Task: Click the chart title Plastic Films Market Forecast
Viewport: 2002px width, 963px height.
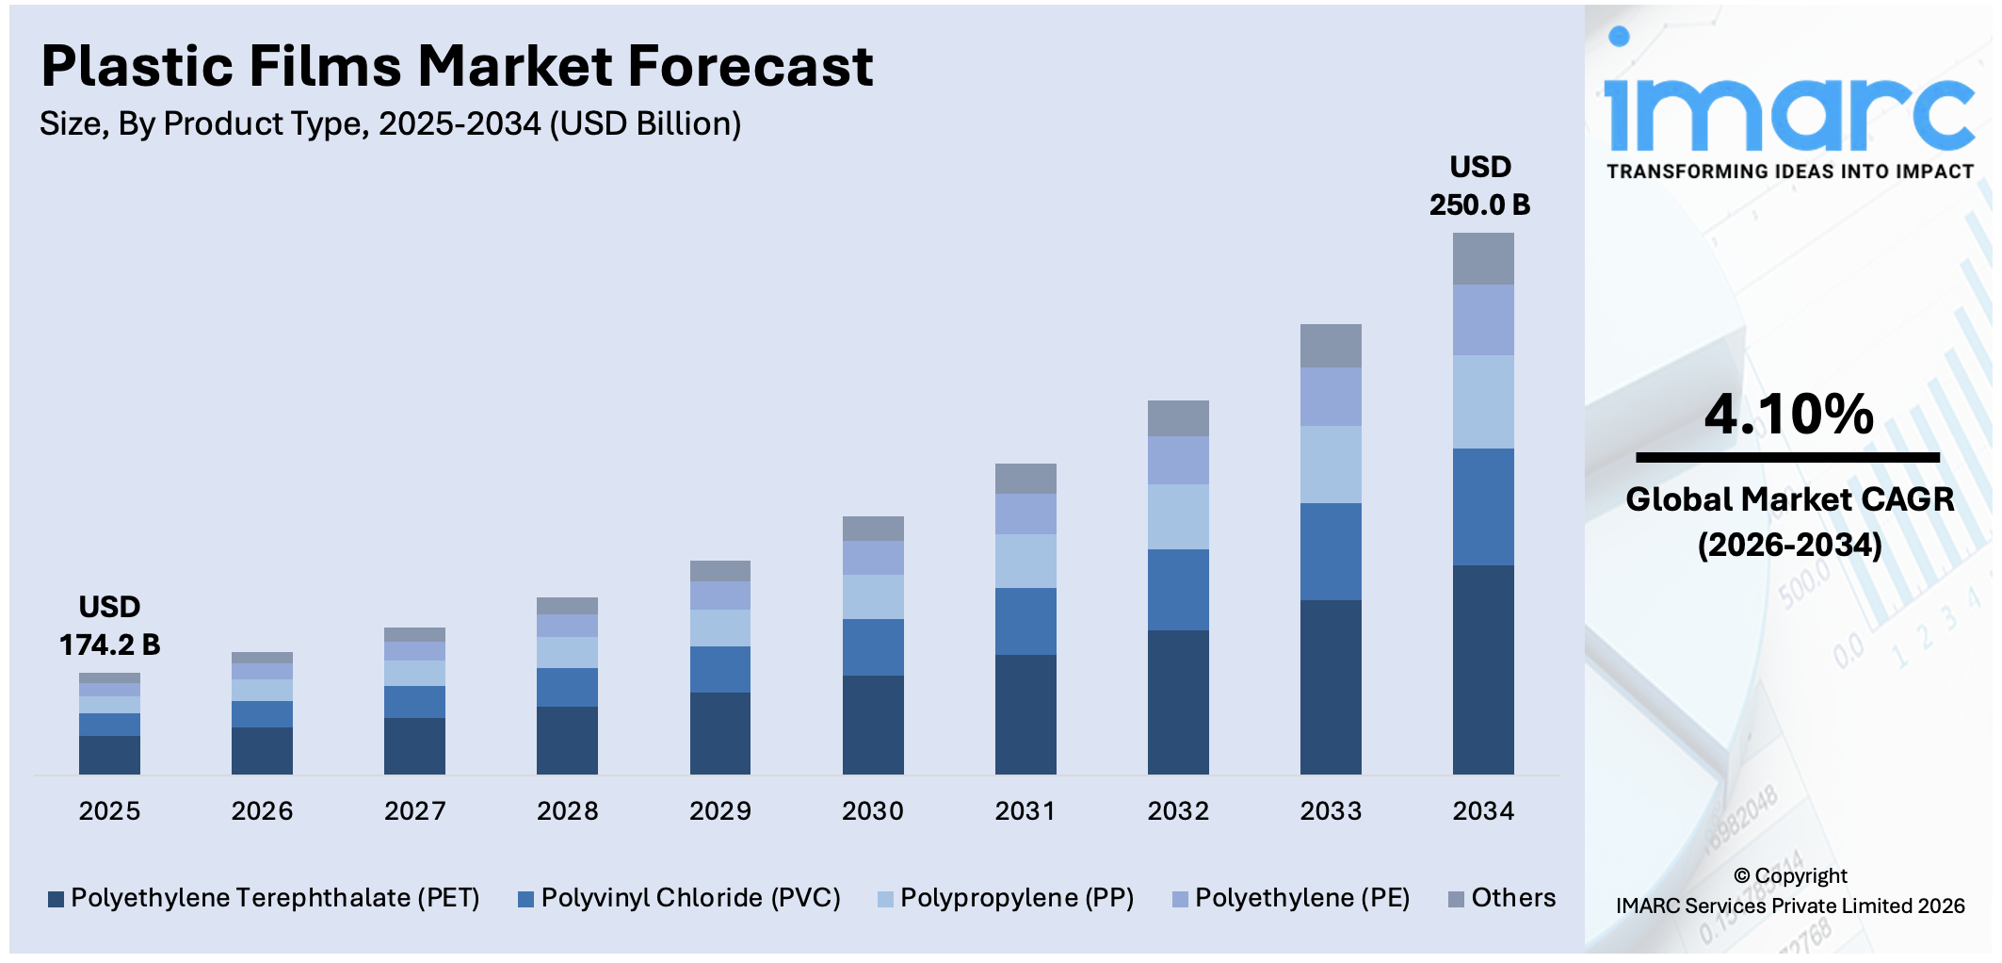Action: tap(457, 67)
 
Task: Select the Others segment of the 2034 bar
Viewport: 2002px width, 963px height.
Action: tap(1482, 258)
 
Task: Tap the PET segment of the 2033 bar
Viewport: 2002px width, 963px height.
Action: tap(1330, 687)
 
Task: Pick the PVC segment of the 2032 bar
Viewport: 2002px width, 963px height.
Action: tap(1177, 590)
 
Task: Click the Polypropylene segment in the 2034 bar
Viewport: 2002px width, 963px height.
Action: tap(1482, 401)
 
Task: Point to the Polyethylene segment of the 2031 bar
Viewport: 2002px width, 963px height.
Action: tap(1025, 514)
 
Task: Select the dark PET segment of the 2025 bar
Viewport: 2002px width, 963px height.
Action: tap(109, 755)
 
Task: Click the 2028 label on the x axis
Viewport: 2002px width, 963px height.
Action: tap(567, 811)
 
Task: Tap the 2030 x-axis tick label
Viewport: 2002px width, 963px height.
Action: tap(872, 811)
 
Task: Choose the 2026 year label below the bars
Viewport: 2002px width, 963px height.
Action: tap(262, 811)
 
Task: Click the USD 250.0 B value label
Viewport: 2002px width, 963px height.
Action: tap(1479, 187)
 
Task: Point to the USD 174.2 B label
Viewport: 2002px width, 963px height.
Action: tap(109, 627)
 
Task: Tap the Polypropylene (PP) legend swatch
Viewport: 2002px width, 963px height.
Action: tap(885, 900)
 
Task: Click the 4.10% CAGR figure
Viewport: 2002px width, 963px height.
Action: tap(1788, 415)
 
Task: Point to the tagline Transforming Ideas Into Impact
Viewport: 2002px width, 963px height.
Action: tap(1789, 171)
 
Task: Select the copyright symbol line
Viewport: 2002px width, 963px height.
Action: tap(1789, 876)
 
